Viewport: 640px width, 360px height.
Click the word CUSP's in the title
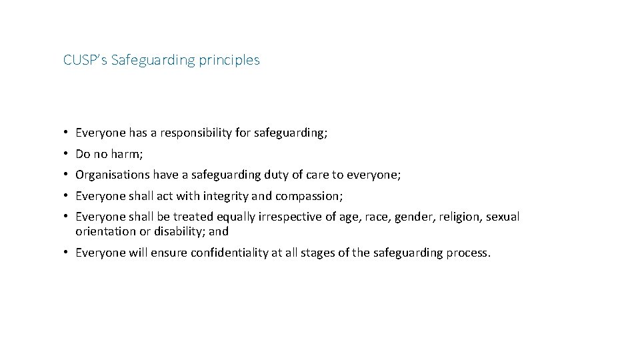tap(85, 60)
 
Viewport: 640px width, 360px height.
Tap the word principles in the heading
tap(233, 61)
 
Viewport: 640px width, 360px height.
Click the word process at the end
tap(467, 253)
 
